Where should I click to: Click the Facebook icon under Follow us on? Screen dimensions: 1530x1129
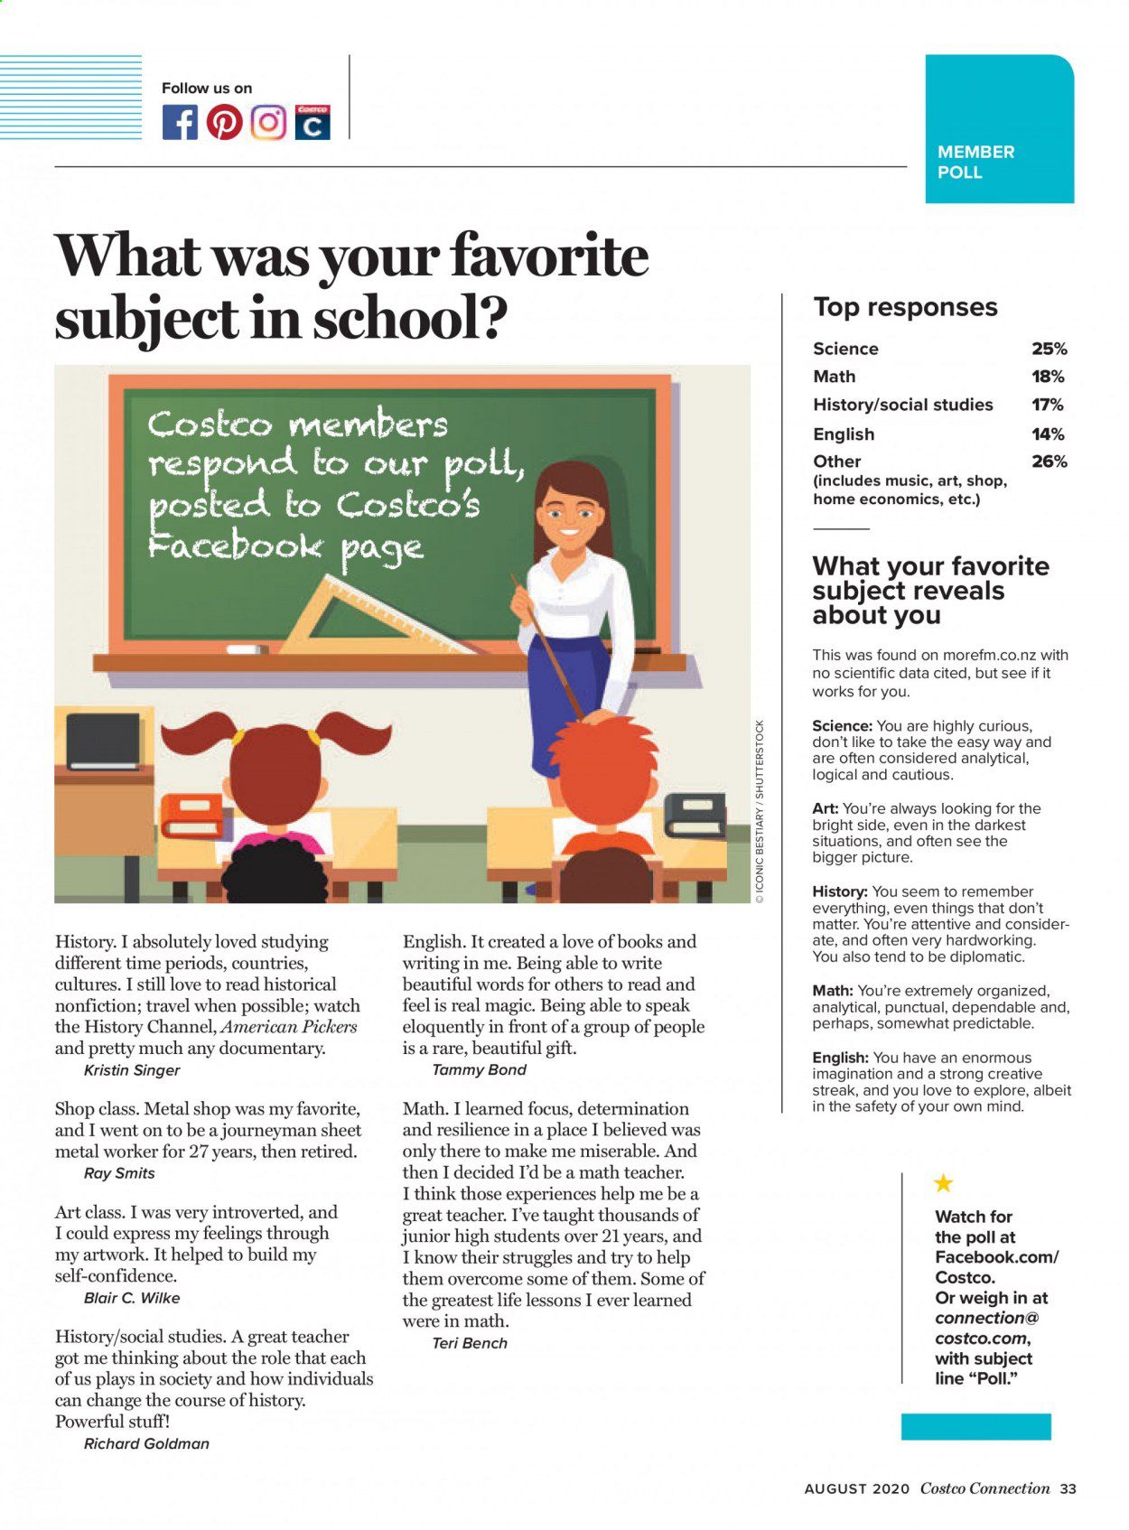point(180,122)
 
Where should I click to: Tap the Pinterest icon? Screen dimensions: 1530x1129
point(224,122)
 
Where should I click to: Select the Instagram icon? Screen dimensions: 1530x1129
point(268,122)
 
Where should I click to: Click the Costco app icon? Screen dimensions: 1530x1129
point(313,122)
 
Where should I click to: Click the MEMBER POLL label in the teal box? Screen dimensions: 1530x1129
point(975,162)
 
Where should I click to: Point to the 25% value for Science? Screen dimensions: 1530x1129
point(1049,349)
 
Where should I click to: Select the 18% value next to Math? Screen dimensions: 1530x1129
point(1048,377)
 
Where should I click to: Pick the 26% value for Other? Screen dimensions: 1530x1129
point(1049,462)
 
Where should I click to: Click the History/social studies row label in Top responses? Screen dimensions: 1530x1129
point(902,405)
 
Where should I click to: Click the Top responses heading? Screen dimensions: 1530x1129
point(905,307)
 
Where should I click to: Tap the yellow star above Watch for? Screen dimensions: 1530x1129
point(943,1183)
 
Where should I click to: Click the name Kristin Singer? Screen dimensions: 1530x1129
point(132,1070)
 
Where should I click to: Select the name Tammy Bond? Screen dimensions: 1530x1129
point(479,1069)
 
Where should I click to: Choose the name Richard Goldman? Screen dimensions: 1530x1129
point(146,1443)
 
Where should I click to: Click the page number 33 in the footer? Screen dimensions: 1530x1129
point(1068,1489)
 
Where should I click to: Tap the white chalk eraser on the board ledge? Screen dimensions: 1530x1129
point(247,648)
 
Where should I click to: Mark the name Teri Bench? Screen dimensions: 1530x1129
point(470,1343)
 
